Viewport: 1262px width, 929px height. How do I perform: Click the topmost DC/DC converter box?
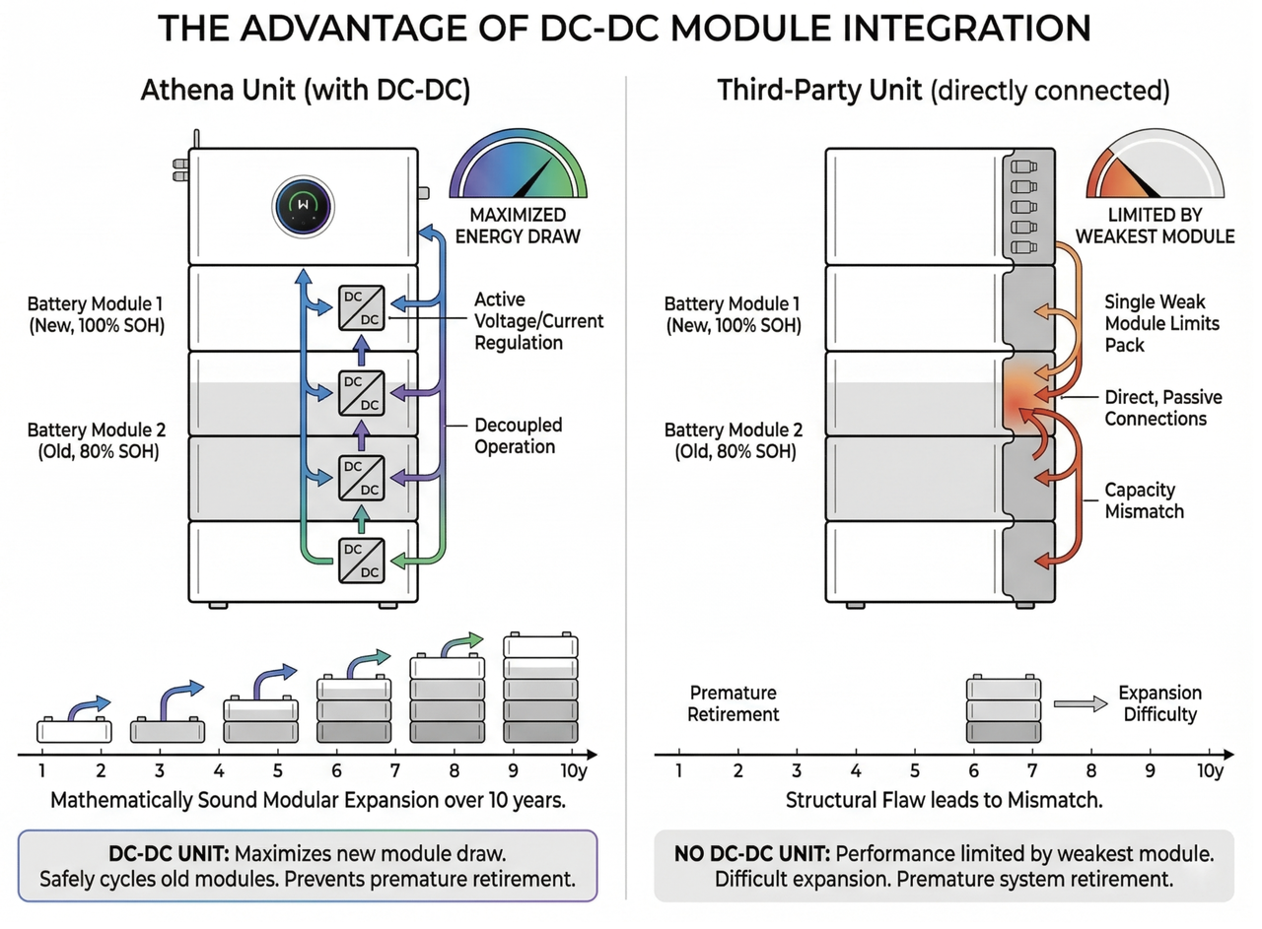(362, 306)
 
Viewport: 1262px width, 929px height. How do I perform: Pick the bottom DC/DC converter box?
(361, 561)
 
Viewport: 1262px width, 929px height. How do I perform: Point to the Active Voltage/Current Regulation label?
(538, 320)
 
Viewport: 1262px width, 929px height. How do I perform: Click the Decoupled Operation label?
(519, 435)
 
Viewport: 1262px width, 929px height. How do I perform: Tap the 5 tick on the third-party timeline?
(915, 771)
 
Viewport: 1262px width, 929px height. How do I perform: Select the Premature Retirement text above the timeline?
(734, 703)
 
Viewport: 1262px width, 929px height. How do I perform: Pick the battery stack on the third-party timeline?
(1003, 709)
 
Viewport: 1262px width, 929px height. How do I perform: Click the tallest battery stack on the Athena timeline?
(541, 690)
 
